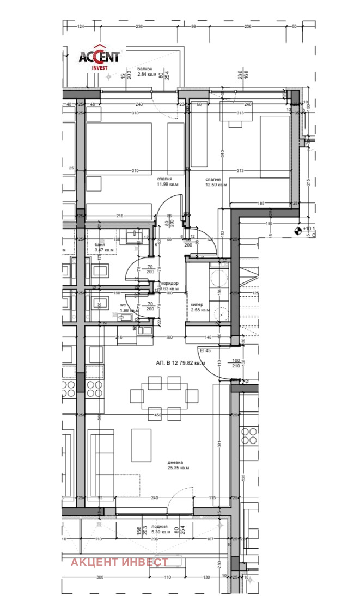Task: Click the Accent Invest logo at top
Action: point(99,57)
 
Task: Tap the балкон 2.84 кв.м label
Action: point(145,71)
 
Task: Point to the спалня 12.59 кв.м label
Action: point(213,182)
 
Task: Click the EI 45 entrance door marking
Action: point(205,350)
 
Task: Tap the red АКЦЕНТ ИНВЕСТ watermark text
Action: point(120,562)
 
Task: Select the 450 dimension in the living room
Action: point(158,415)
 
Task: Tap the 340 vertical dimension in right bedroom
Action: point(222,153)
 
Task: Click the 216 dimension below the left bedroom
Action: point(120,216)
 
